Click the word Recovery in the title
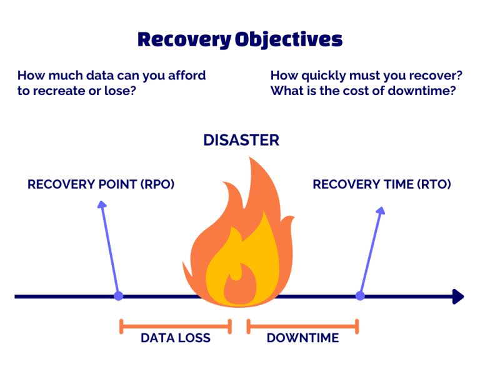click(x=184, y=40)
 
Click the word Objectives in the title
click(x=289, y=40)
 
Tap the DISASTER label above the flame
click(x=241, y=140)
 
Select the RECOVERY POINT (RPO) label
click(x=101, y=184)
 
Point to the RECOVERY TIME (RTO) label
click(x=382, y=184)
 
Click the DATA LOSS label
click(x=176, y=338)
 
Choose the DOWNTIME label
click(x=302, y=338)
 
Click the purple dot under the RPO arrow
click(x=119, y=296)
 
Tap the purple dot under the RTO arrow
click(x=360, y=296)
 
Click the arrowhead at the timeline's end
click(x=458, y=296)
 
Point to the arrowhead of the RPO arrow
click(x=102, y=205)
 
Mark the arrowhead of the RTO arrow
click(x=381, y=210)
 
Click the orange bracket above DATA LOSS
click(x=176, y=326)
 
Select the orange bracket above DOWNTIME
click(x=302, y=326)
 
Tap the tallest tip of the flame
click(x=249, y=158)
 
